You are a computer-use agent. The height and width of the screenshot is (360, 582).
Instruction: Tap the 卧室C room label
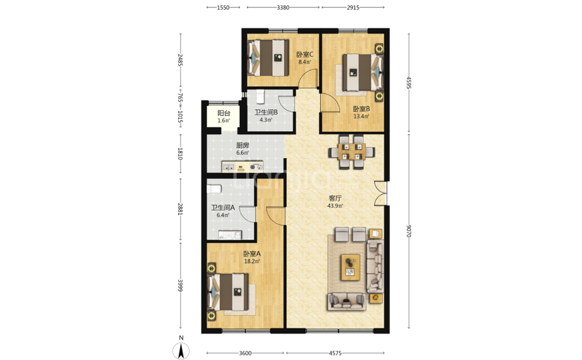pos(305,55)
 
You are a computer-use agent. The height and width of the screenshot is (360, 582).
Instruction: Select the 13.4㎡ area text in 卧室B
pos(361,116)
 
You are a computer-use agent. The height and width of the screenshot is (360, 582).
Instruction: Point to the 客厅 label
pos(335,199)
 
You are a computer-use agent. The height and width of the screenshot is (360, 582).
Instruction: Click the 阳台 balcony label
pos(224,113)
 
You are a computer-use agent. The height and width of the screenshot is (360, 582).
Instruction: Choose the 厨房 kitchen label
pos(242,145)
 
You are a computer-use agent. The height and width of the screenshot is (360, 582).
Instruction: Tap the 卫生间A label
pos(223,208)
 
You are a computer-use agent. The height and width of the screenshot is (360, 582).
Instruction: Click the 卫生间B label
pos(266,112)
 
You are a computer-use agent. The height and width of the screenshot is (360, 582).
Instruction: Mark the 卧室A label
pos(252,254)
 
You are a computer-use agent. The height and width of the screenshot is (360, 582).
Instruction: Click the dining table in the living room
pos(351,152)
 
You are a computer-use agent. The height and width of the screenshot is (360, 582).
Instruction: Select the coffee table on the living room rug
pos(350,267)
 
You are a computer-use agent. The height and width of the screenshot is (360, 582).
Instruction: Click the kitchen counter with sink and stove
pos(242,166)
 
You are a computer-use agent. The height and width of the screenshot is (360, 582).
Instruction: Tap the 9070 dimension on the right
pos(409,231)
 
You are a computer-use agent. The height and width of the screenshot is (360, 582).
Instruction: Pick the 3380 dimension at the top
pos(283,7)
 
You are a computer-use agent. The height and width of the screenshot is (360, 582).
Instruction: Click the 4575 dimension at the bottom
pos(335,353)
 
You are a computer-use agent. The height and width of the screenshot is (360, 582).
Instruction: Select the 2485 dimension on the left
pos(181,60)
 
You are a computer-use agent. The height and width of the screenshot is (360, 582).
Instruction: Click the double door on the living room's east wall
pos(380,193)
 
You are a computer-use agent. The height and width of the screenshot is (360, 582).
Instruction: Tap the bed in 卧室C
pos(269,57)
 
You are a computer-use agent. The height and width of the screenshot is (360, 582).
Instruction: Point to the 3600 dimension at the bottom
pos(245,353)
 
